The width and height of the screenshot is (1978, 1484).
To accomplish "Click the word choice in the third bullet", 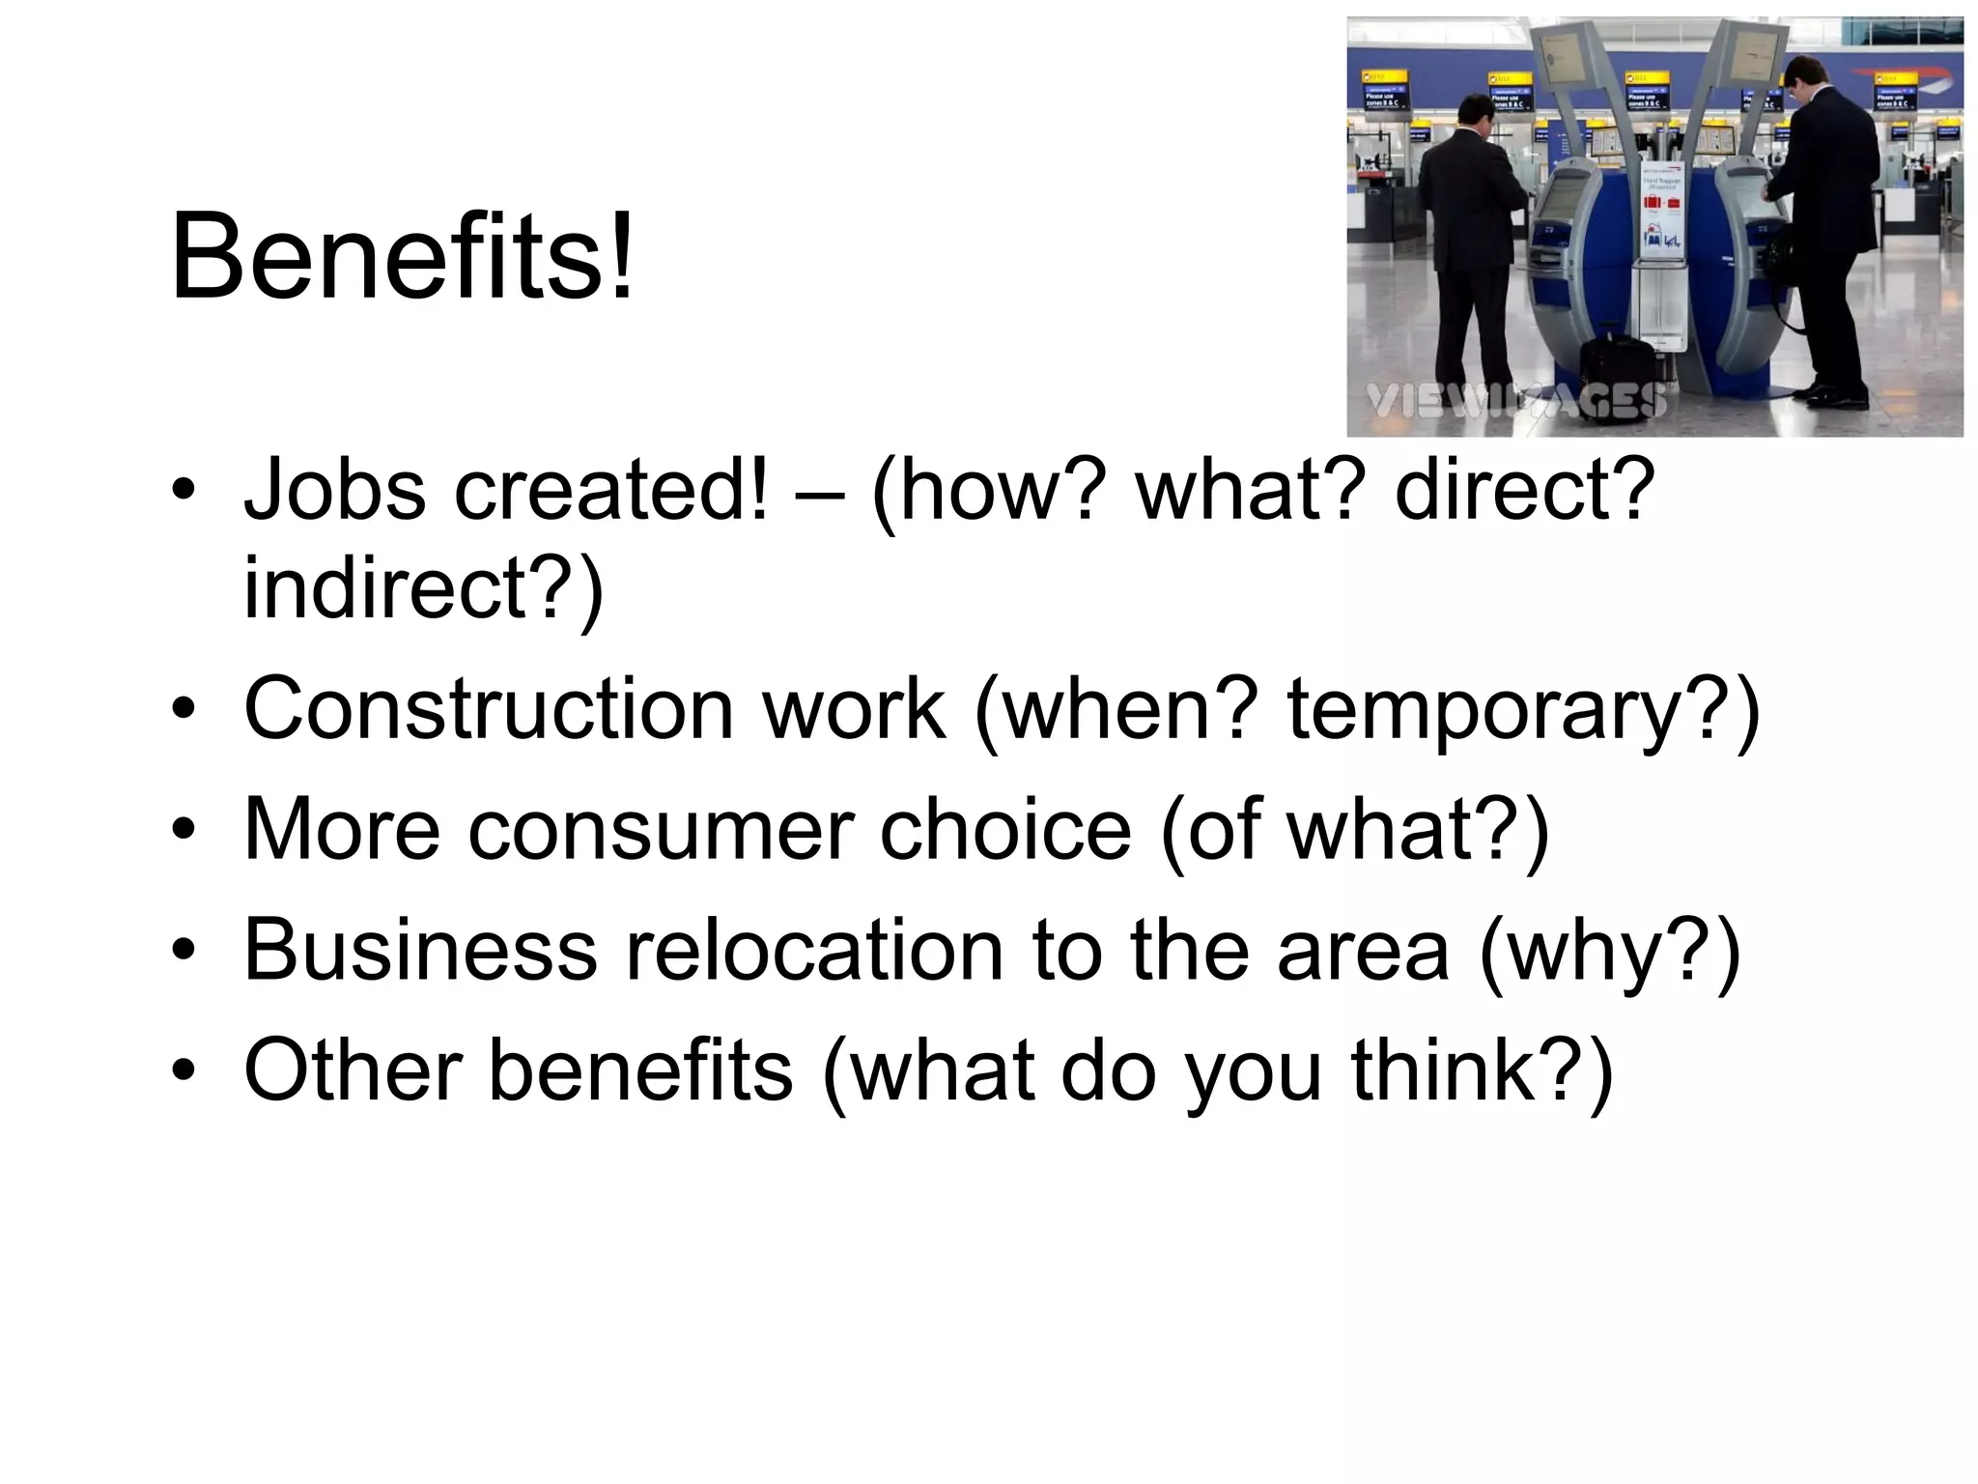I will click(x=1004, y=830).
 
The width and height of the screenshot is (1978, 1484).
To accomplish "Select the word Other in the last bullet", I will click(x=353, y=1070).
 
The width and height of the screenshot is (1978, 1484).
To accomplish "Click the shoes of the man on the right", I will click(x=1829, y=394).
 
